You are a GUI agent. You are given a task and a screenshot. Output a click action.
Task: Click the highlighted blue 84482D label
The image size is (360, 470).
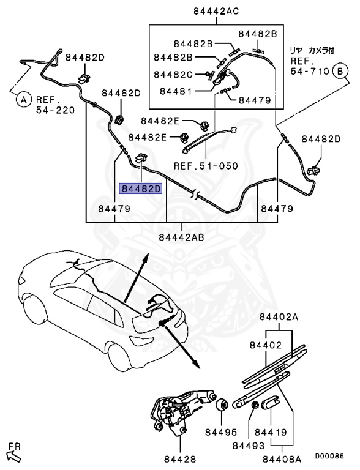point(141,188)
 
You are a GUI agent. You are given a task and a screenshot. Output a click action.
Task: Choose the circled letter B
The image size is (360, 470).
point(337,72)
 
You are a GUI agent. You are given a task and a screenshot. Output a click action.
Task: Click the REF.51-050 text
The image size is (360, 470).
point(205,166)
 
